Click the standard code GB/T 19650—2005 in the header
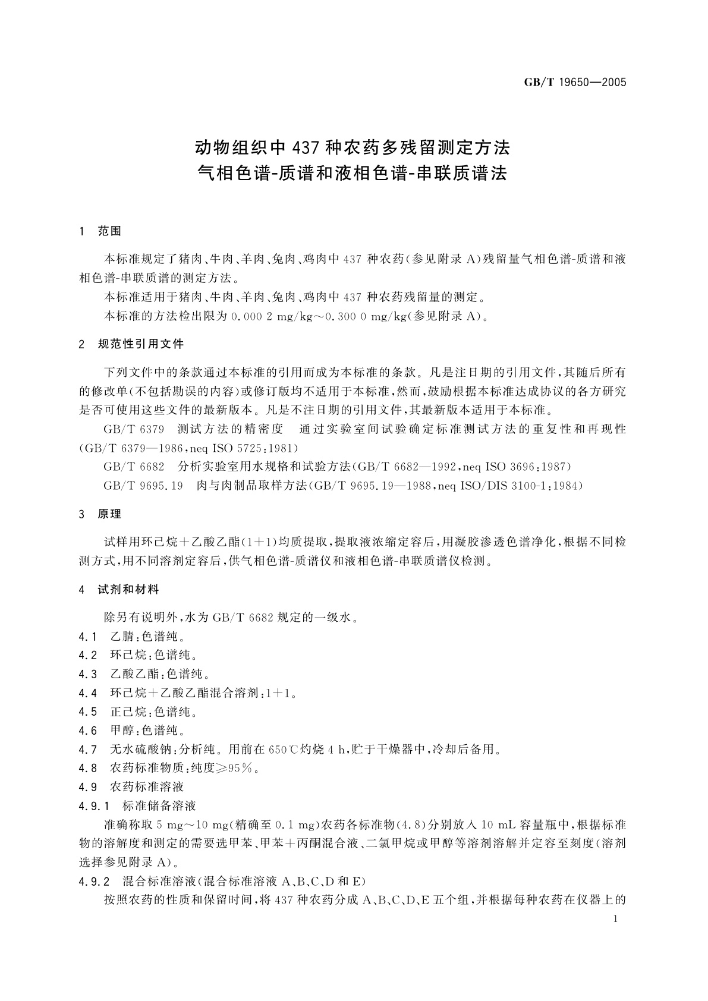click(575, 83)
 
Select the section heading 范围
click(109, 231)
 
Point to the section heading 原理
click(109, 514)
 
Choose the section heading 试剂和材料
click(128, 590)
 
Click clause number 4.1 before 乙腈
click(87, 637)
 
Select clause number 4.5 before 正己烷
click(87, 712)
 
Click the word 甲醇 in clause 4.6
click(122, 731)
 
